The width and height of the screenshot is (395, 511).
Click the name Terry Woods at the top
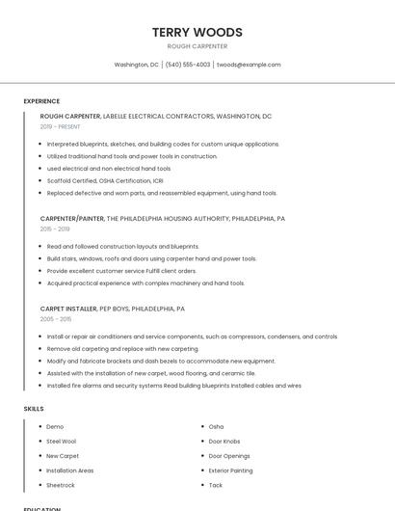[197, 32]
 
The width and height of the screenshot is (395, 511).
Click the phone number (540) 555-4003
[187, 65]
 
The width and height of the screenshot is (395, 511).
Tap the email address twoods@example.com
[249, 65]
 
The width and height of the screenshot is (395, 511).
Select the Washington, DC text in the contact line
[137, 65]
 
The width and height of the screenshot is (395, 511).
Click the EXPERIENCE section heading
[41, 101]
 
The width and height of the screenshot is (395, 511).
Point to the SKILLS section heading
[34, 409]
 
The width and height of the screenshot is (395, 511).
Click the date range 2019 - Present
[61, 126]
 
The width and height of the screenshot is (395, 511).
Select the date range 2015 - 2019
[55, 229]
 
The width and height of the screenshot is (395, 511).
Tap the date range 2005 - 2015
[56, 319]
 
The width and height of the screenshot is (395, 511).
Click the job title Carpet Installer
[68, 309]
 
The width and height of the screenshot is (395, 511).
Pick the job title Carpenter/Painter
[72, 218]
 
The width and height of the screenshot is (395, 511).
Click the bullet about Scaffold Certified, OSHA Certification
[106, 180]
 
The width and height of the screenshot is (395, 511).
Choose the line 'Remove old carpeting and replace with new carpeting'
[122, 348]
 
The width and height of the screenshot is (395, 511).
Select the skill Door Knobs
[224, 441]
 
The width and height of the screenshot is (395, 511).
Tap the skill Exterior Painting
[230, 471]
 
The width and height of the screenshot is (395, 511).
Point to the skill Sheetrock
[61, 485]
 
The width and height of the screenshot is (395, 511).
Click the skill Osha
[216, 426]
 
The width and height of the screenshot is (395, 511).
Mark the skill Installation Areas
[70, 471]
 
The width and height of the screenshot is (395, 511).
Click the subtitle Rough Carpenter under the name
[197, 46]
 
